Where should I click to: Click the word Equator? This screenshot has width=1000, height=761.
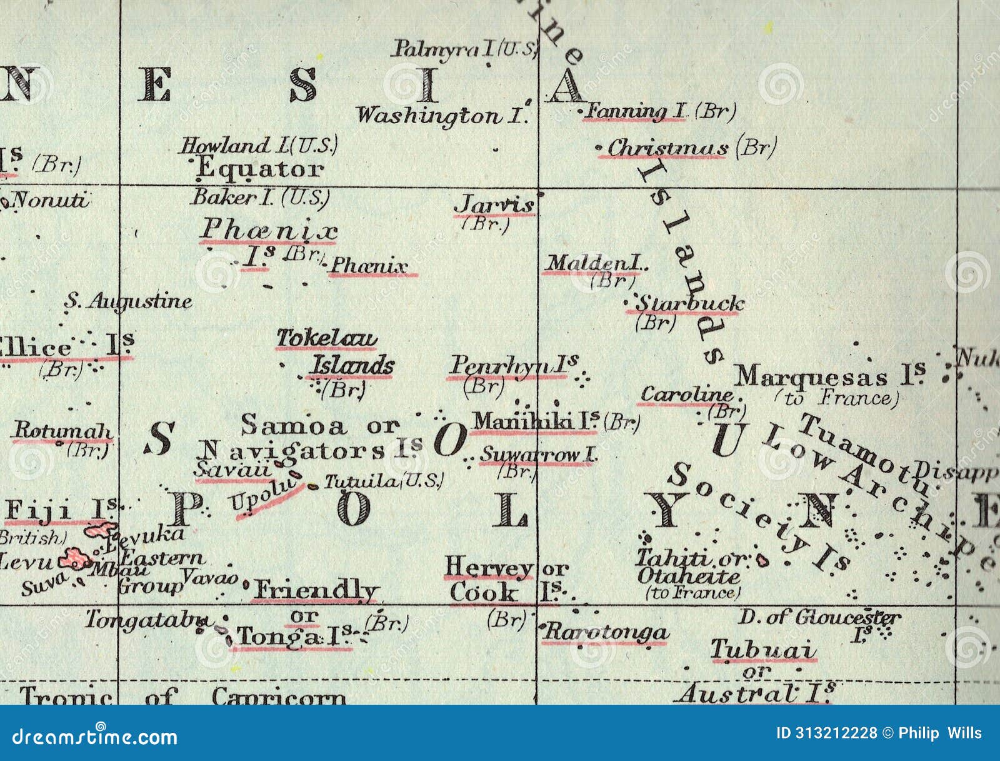260,169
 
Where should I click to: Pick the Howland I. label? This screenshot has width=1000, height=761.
258,146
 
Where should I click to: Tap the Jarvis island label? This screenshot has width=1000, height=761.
494,204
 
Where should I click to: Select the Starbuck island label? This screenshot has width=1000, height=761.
690,304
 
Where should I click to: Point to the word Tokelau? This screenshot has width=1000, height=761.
327,338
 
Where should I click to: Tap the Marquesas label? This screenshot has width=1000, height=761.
811,377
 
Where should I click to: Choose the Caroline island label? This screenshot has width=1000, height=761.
687,395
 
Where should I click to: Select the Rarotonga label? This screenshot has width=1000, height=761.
605,632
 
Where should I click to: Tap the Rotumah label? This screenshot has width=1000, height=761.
62,430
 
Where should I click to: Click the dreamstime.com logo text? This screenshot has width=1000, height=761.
95,737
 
